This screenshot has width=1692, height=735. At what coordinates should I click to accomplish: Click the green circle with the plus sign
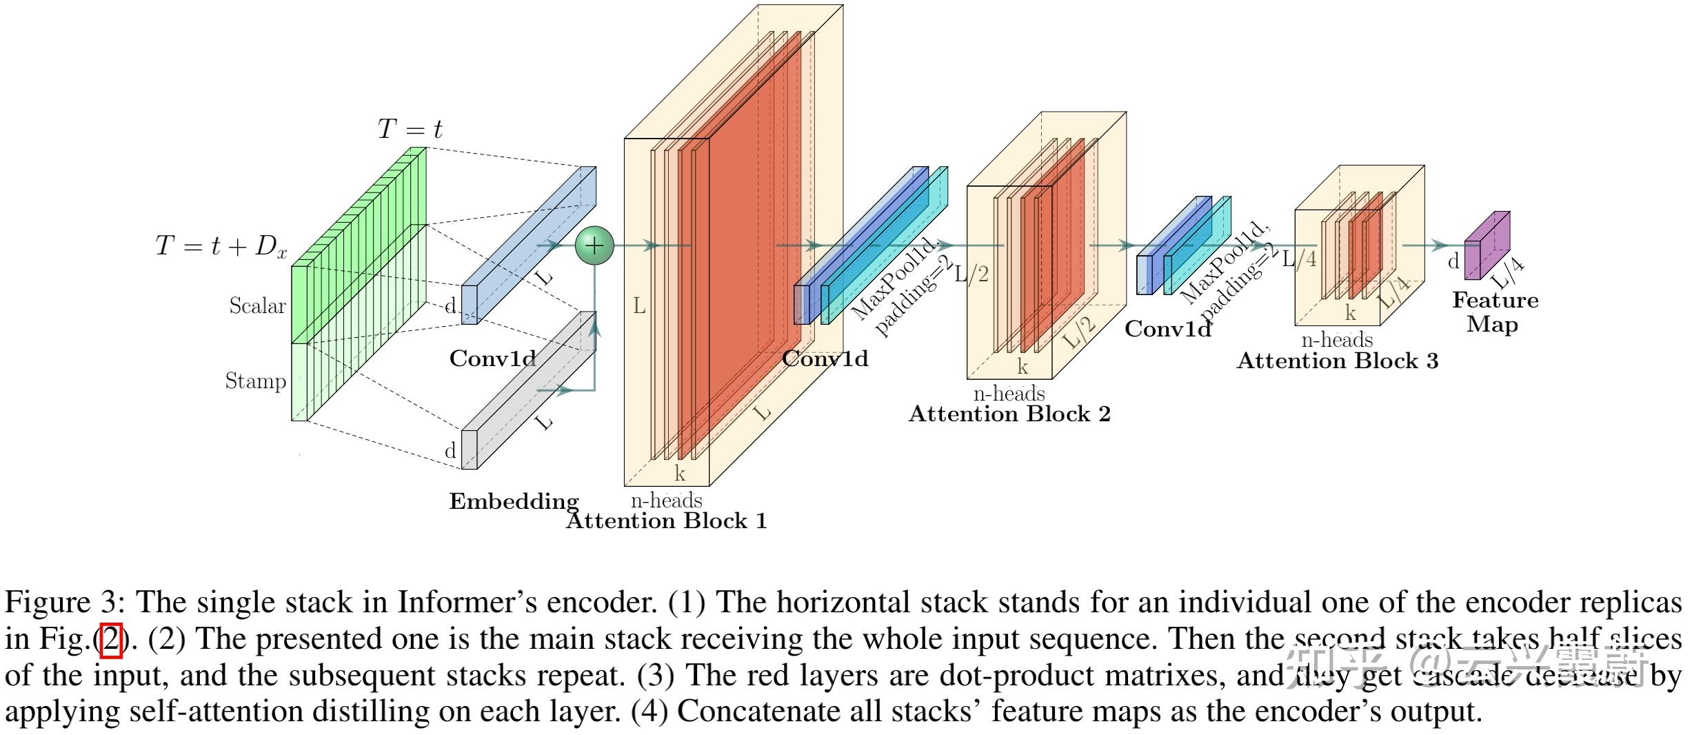tap(594, 245)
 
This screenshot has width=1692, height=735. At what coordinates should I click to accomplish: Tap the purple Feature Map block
tap(1487, 247)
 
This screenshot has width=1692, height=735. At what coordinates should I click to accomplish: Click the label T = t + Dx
tap(221, 246)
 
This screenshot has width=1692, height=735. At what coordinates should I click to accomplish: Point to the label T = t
tap(410, 129)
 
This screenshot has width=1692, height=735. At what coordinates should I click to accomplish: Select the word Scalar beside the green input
tap(257, 305)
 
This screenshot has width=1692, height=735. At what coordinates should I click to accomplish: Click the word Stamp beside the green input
tap(255, 381)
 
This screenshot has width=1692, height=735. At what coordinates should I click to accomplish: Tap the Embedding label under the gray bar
tap(514, 501)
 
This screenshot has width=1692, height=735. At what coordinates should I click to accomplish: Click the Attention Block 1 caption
tap(666, 521)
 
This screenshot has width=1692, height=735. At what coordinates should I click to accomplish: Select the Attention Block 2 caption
tap(1009, 414)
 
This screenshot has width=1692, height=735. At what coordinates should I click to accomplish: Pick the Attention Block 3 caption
tap(1338, 361)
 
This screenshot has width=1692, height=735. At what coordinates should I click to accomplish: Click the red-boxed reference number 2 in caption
tap(111, 639)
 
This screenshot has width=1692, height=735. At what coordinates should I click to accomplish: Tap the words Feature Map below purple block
tap(1495, 312)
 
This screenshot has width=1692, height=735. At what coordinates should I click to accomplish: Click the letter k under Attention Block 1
tap(680, 474)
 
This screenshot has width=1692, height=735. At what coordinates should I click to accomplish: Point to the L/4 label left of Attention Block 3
tap(1299, 259)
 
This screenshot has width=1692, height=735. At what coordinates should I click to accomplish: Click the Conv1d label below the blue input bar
tap(492, 359)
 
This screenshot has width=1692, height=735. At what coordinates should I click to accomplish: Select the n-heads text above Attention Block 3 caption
tap(1337, 340)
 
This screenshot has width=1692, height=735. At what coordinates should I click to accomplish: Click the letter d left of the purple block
tap(1453, 261)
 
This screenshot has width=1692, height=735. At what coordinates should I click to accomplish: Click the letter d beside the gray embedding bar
tap(450, 451)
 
